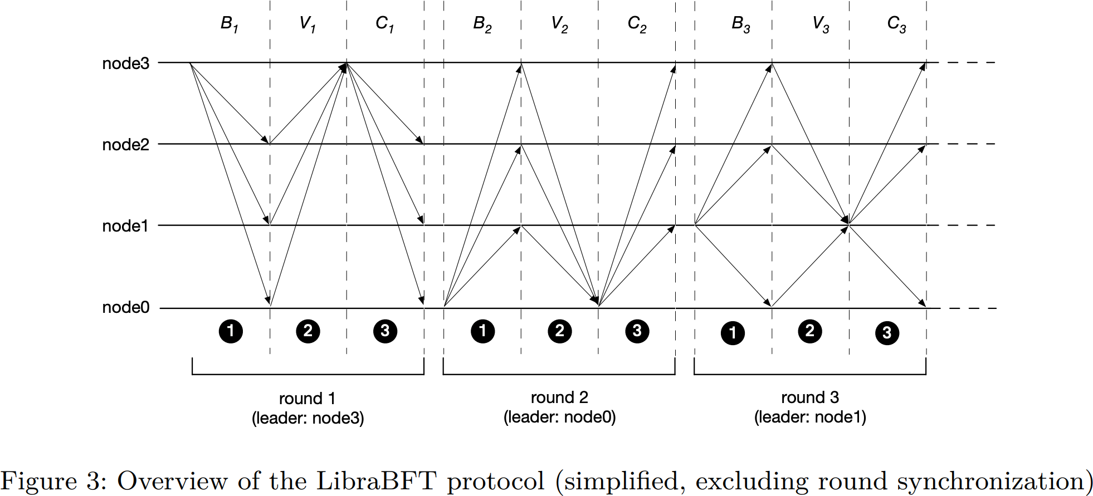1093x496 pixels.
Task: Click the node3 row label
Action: tap(125, 64)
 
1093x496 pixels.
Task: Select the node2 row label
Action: tap(125, 145)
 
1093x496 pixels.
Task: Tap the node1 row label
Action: tap(125, 227)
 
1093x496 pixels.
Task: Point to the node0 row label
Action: tap(125, 308)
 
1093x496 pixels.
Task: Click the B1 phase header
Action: tap(229, 24)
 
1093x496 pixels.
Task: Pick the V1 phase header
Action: tap(307, 24)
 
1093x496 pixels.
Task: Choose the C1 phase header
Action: tap(384, 24)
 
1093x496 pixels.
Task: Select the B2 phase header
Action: tap(482, 24)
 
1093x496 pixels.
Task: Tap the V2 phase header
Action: tap(559, 24)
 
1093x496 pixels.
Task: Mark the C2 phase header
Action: tap(637, 24)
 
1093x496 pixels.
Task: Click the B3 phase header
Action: tap(740, 24)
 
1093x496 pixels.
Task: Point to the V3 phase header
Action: tap(821, 24)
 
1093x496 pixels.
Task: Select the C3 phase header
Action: tap(896, 24)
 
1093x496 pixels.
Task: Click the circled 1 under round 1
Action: tap(231, 331)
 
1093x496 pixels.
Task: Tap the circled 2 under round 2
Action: tap(560, 331)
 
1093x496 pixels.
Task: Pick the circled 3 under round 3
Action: tap(887, 333)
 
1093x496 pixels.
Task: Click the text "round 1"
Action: tap(307, 399)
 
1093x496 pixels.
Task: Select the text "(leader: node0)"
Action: tap(559, 418)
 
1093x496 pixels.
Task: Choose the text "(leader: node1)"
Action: tap(810, 418)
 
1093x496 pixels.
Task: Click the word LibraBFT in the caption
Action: tap(376, 481)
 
